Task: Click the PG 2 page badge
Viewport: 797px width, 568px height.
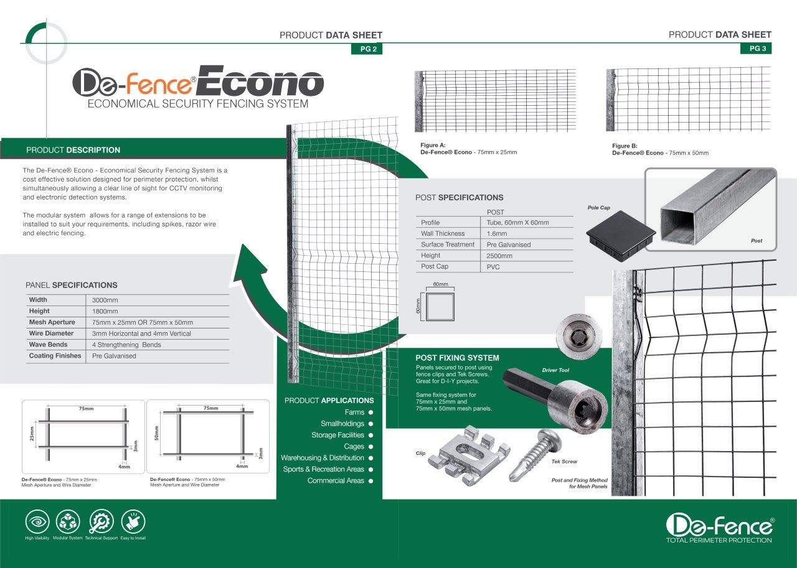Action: (367, 50)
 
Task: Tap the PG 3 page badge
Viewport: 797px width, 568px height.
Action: (756, 49)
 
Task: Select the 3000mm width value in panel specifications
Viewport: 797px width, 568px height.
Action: (105, 300)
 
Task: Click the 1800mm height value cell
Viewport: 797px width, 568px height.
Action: (105, 311)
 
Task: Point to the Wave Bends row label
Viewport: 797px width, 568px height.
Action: (48, 345)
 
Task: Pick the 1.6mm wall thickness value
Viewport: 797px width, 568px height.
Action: (497, 234)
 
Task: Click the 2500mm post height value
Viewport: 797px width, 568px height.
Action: (499, 256)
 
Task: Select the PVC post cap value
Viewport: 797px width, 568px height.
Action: (493, 267)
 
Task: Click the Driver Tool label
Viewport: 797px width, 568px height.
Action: (555, 370)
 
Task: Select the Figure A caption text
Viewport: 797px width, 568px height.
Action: (468, 149)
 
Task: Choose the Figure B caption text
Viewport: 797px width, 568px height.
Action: (660, 149)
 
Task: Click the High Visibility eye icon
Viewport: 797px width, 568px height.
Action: (37, 521)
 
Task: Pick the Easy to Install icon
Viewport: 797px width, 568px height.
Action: (133, 521)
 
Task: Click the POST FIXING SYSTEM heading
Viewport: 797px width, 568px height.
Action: (457, 358)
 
